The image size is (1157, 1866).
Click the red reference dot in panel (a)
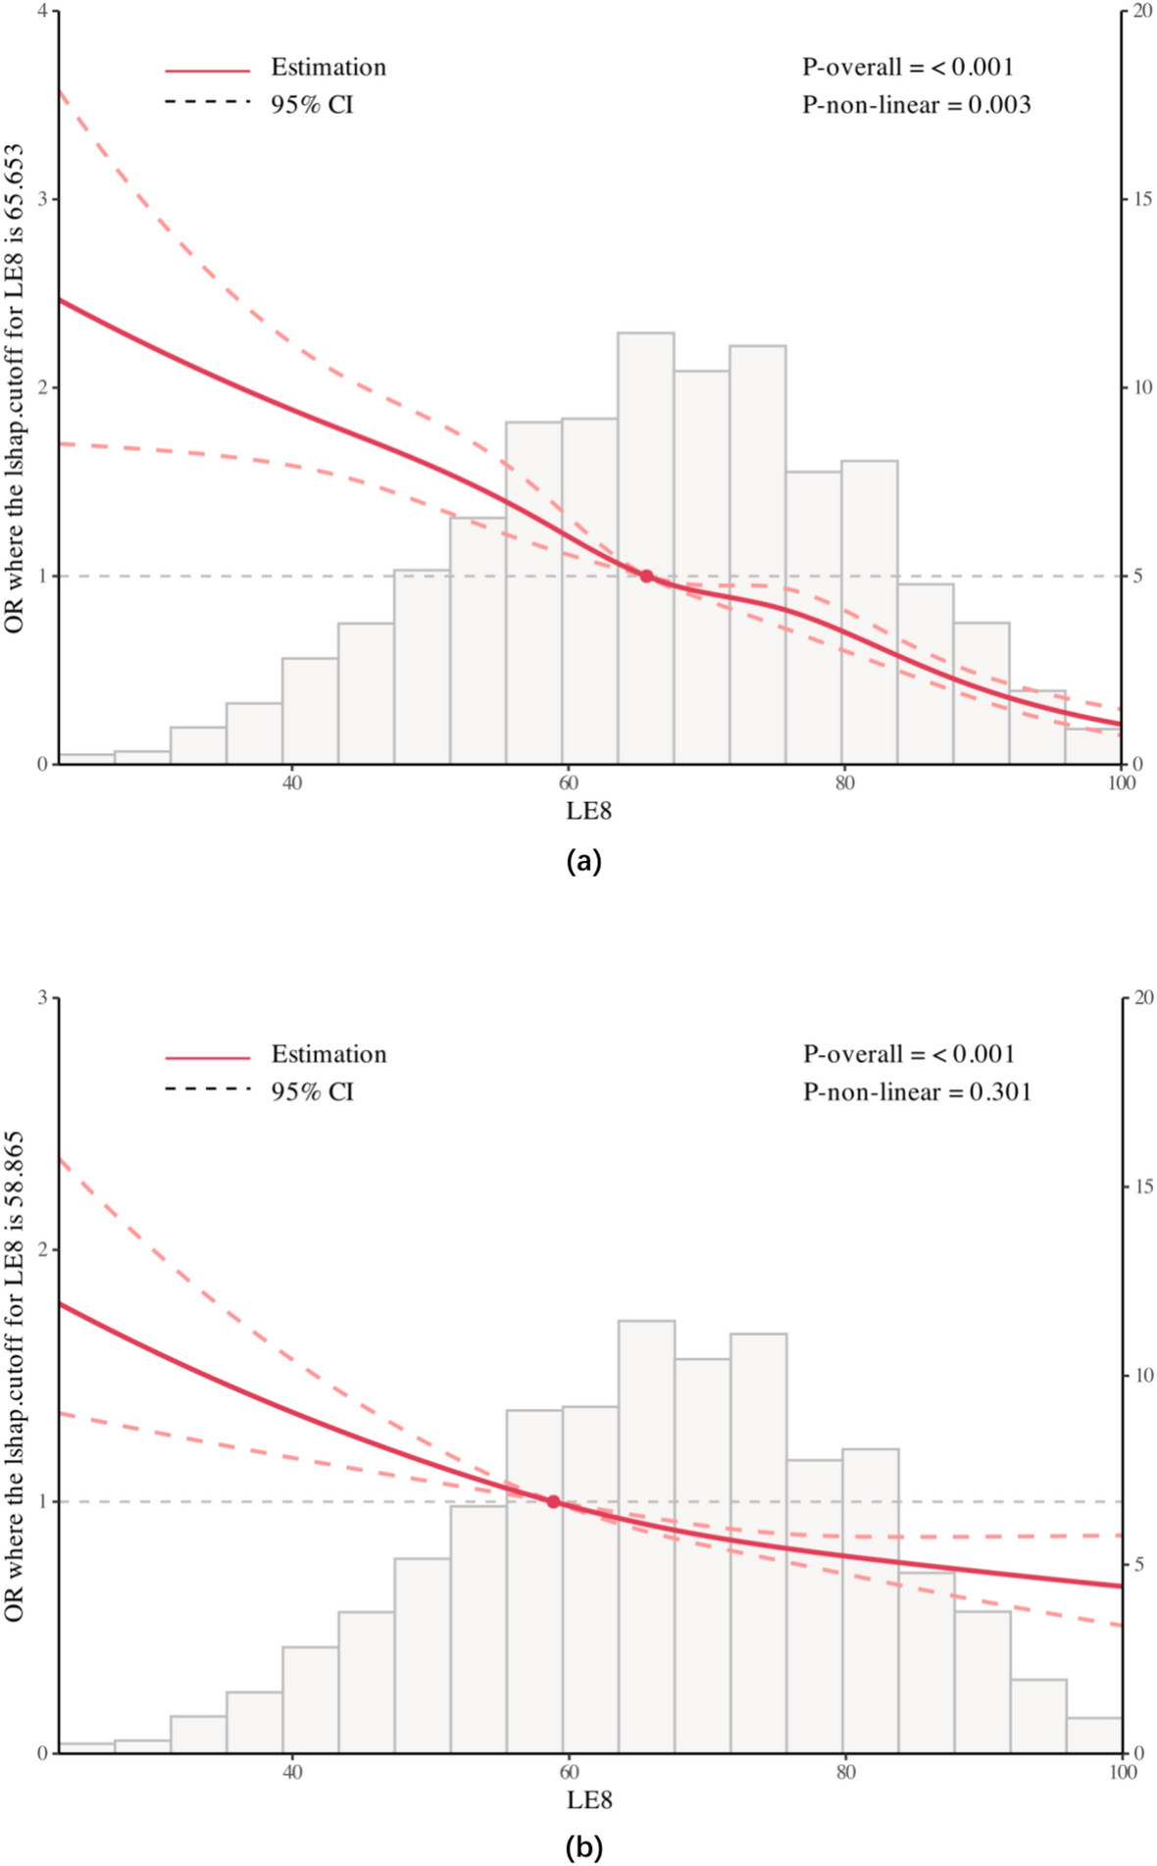tap(646, 576)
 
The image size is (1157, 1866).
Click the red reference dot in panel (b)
tap(553, 1501)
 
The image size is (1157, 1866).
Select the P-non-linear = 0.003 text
tap(916, 105)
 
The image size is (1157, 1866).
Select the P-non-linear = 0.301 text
tap(917, 1091)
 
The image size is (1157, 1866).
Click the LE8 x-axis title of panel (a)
tap(588, 810)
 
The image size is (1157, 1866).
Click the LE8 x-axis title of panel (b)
tap(588, 1799)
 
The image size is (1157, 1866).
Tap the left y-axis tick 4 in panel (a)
tap(41, 11)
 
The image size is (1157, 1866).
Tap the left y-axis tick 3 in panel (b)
tap(41, 997)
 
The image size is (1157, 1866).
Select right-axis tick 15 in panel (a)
tap(1142, 199)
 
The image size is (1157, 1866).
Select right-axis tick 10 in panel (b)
tap(1142, 1375)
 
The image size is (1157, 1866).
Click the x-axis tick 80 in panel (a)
tap(844, 782)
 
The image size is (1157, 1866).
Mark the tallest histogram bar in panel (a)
tap(645, 549)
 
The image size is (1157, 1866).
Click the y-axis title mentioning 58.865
tap(14, 1377)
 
